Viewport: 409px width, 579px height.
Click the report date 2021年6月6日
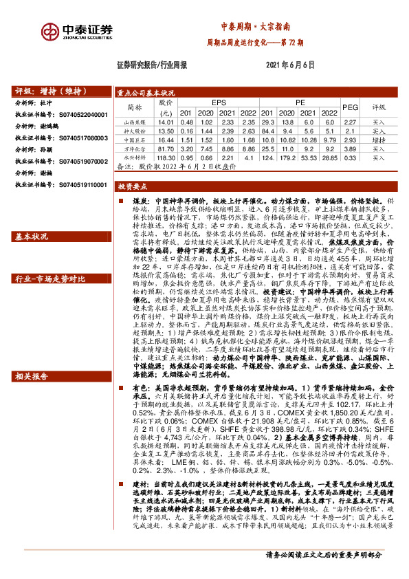[x=289, y=65]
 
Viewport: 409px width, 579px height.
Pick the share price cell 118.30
[x=165, y=157]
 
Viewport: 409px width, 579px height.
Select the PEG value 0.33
[x=350, y=157]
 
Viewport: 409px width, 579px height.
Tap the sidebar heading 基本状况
[x=32, y=237]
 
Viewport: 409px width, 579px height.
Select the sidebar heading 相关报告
[x=32, y=377]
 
